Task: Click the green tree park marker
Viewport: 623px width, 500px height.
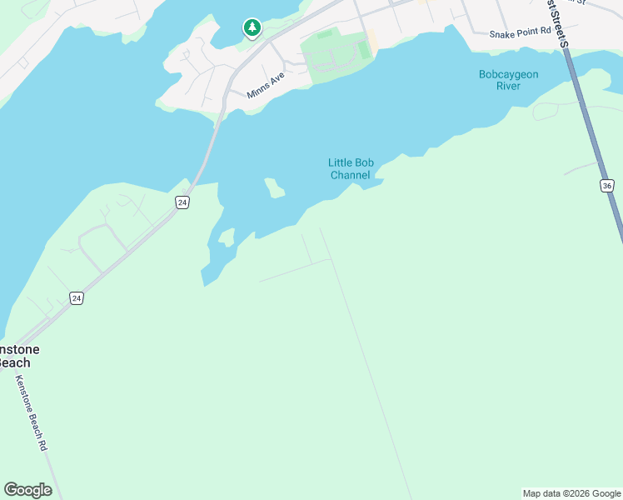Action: pos(252,28)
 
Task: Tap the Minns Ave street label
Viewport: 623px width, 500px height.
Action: pos(266,84)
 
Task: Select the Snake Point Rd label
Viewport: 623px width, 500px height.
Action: pos(521,34)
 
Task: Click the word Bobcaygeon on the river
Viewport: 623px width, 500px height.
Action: pos(508,74)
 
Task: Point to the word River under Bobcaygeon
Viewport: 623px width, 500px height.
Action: pos(508,86)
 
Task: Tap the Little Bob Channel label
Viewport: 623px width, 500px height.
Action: pos(350,168)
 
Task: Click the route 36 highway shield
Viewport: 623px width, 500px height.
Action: pos(606,185)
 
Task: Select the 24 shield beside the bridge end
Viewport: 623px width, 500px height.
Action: pos(182,202)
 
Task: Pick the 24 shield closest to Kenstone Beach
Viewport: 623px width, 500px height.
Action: pos(77,297)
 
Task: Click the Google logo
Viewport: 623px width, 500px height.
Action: pos(27,490)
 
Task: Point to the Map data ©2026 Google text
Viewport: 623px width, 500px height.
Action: pos(571,493)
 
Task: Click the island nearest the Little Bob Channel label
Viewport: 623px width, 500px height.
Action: pos(274,187)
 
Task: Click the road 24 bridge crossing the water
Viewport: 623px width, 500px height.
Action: pos(207,150)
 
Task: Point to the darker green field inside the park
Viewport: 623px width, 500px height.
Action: pos(364,50)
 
